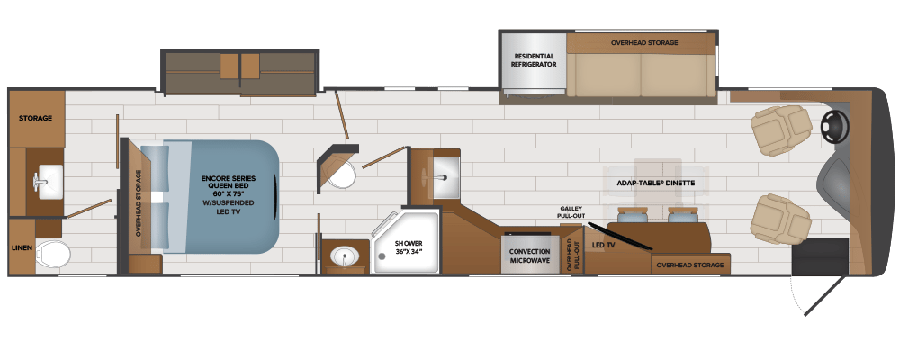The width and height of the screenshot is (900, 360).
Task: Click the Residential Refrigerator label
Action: [534, 60]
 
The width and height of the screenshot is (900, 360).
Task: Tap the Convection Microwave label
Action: [529, 256]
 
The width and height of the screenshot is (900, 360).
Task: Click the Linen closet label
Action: [22, 247]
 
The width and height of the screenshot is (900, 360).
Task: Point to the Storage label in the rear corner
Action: [36, 118]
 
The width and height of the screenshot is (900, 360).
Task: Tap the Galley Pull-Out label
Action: [571, 212]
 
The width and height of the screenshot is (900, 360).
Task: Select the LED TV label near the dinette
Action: [604, 245]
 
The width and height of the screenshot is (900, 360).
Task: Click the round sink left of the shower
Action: [343, 257]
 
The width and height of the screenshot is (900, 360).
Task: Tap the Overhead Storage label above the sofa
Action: [644, 42]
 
